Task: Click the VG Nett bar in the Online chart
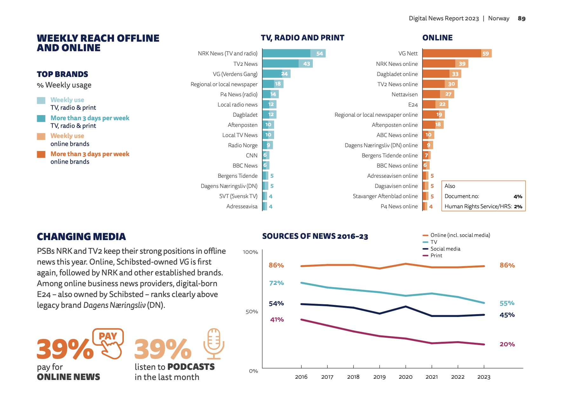(x=457, y=53)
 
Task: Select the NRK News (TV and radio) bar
(x=294, y=53)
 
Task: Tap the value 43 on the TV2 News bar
(x=306, y=64)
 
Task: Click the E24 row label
(x=413, y=105)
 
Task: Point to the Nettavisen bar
(x=438, y=94)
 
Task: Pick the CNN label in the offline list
(x=252, y=155)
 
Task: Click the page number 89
(x=521, y=18)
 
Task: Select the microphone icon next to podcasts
(x=214, y=343)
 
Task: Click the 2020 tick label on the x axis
(x=406, y=377)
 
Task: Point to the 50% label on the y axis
(x=252, y=312)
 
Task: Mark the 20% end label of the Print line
(x=507, y=344)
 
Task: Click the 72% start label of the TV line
(x=276, y=283)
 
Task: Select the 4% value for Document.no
(x=518, y=197)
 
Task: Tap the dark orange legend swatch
(x=41, y=154)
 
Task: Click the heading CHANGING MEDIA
(x=81, y=237)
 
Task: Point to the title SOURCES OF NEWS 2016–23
(x=315, y=236)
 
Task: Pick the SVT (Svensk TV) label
(x=238, y=196)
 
